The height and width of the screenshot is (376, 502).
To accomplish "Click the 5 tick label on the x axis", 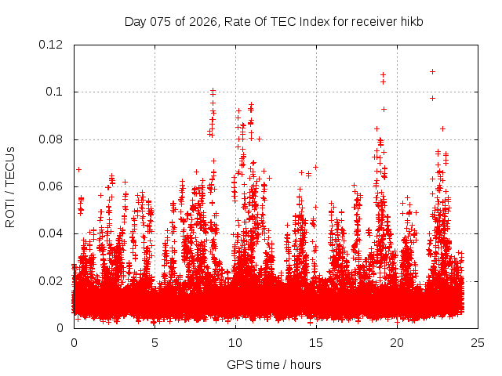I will pyautogui.click(x=155, y=342).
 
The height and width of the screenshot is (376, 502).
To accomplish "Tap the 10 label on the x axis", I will pyautogui.click(x=235, y=342).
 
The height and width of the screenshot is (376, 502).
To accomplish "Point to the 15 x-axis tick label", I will pyautogui.click(x=316, y=342).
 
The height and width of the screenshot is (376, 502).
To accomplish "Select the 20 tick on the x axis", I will pyautogui.click(x=397, y=342).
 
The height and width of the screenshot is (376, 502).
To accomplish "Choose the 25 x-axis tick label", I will pyautogui.click(x=478, y=342).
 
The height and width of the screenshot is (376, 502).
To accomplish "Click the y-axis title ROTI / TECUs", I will pyautogui.click(x=10, y=186).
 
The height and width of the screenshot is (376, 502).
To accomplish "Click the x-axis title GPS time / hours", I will pyautogui.click(x=274, y=364).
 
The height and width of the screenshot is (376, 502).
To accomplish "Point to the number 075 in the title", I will pyautogui.click(x=162, y=21).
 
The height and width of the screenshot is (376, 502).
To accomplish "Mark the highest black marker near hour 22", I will pyautogui.click(x=432, y=71).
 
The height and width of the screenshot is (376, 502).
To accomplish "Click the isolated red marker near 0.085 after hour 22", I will pyautogui.click(x=442, y=128).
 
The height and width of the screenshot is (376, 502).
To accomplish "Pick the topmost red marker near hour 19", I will pyautogui.click(x=383, y=75).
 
